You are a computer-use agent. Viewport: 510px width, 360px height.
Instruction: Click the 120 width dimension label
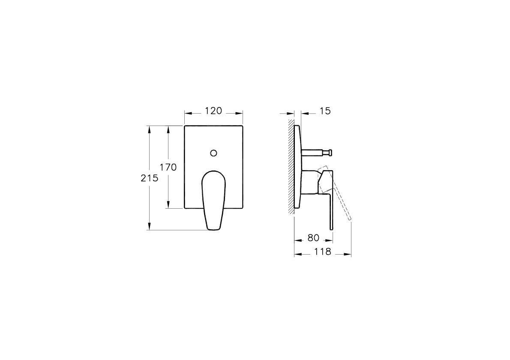(213, 111)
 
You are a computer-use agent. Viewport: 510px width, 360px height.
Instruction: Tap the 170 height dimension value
(168, 167)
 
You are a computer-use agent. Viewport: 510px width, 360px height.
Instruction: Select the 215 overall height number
(149, 178)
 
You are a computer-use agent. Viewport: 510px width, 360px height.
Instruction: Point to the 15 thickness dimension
(325, 111)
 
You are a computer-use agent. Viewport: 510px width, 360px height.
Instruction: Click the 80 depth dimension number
(313, 238)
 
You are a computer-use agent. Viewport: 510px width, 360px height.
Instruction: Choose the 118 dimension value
(323, 252)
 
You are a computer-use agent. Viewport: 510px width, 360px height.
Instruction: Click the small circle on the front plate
(214, 153)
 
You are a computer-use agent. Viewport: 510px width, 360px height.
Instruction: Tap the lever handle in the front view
(214, 200)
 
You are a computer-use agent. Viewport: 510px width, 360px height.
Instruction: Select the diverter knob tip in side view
(330, 152)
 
